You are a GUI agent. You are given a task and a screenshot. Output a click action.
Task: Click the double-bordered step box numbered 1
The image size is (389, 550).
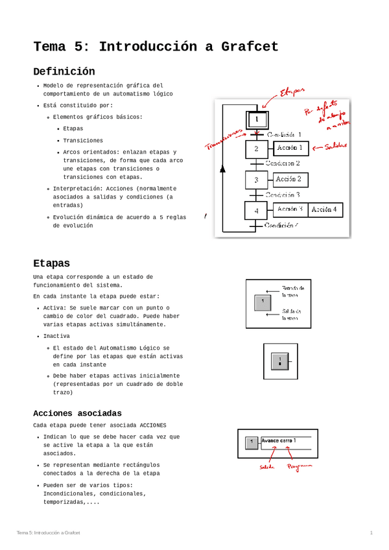tap(257, 120)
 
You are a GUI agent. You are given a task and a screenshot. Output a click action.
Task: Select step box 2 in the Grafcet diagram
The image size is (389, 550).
tap(256, 149)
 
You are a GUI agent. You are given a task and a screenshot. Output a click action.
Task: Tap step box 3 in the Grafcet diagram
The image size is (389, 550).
tap(256, 180)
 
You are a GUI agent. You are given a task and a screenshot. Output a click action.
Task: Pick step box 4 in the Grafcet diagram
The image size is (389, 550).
tap(256, 211)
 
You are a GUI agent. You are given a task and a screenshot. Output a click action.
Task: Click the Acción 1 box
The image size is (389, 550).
tap(291, 149)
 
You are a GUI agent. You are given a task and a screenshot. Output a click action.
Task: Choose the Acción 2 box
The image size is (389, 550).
tap(291, 179)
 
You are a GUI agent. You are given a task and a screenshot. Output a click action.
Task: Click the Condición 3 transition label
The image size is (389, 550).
tap(283, 195)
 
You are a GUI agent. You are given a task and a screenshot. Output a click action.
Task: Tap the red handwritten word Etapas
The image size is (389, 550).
tap(292, 93)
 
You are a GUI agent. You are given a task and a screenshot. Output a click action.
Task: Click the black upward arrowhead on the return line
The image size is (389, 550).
tap(223, 169)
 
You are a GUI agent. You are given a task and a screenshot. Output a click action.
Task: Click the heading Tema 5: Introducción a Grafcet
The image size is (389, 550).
tap(156, 47)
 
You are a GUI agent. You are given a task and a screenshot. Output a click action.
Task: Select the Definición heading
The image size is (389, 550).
tap(64, 71)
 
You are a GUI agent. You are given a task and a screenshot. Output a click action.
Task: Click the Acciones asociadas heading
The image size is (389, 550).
tap(77, 413)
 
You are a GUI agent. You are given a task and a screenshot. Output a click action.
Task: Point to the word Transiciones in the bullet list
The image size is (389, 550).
tap(83, 140)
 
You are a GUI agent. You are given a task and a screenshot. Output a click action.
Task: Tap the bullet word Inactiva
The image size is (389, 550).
tap(56, 336)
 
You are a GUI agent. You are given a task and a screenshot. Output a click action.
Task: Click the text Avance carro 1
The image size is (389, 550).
tap(278, 440)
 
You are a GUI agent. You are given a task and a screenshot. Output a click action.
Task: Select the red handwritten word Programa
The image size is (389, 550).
tap(300, 466)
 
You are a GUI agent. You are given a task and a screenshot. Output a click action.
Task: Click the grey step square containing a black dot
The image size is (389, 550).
tap(279, 361)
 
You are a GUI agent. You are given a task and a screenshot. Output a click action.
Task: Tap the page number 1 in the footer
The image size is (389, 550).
tap(371, 532)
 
